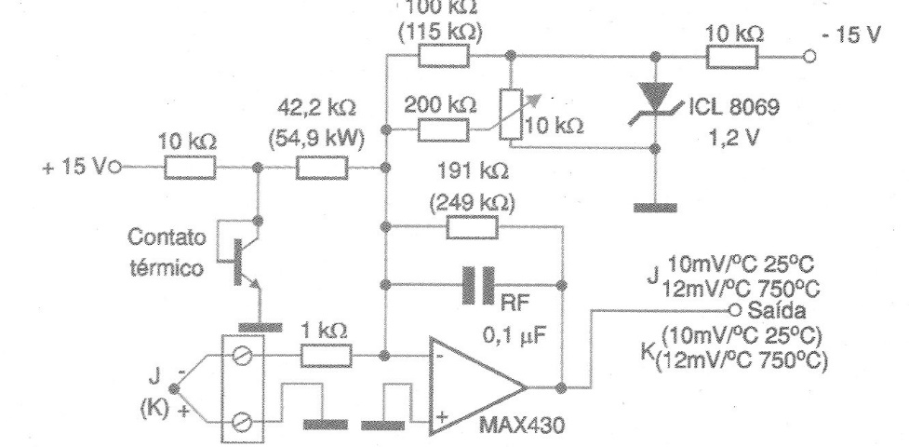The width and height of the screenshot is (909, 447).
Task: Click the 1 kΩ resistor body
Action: pos(326,355)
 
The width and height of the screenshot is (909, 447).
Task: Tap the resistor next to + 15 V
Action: pos(191,169)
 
